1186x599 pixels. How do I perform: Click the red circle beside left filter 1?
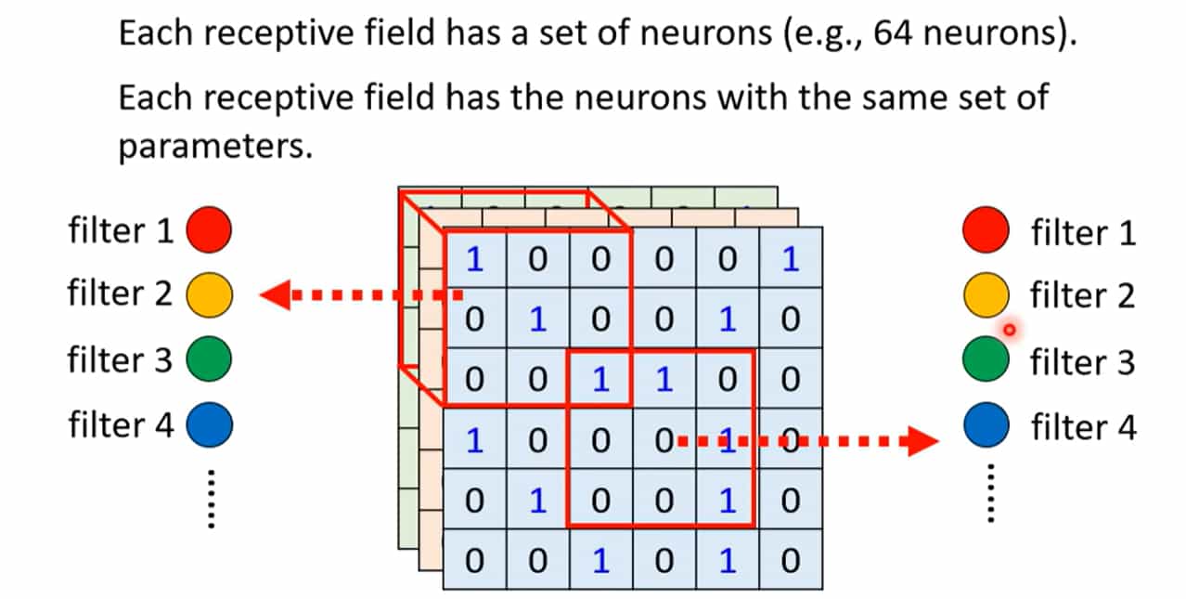point(208,229)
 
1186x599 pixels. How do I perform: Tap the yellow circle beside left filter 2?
point(208,294)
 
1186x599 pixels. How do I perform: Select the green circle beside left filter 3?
point(208,359)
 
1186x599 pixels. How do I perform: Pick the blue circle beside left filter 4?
point(208,425)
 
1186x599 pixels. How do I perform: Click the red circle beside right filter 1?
point(986,230)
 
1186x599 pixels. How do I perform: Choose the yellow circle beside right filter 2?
point(986,295)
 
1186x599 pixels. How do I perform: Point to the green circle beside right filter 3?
point(986,360)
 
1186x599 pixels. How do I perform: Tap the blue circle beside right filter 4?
point(986,426)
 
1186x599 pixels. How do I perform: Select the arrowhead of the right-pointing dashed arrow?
point(924,440)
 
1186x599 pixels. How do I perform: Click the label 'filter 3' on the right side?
point(1082,361)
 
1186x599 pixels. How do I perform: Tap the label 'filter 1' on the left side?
point(121,229)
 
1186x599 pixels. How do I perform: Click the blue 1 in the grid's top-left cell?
point(475,259)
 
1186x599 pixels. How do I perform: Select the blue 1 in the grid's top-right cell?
point(791,259)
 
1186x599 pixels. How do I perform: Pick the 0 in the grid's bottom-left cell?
point(475,560)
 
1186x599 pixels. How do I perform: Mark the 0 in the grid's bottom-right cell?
point(791,560)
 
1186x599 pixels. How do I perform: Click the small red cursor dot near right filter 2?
point(1010,329)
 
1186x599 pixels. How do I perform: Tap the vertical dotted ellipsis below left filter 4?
point(212,499)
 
